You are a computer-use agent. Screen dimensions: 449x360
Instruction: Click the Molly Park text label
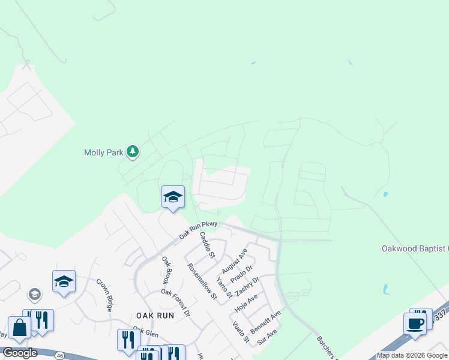(103, 153)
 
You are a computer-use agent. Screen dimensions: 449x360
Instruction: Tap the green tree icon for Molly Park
(133, 152)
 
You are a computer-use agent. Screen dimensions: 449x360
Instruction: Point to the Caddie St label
(207, 244)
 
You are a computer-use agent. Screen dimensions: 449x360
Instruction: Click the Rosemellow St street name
(201, 281)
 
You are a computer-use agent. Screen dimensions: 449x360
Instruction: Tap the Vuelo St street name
(240, 332)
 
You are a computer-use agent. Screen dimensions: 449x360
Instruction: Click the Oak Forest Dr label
(175, 302)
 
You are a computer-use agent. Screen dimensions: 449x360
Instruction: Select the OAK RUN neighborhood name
(155, 315)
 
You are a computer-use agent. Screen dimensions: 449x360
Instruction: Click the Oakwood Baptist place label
(415, 248)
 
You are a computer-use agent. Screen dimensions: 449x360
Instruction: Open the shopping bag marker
(19, 329)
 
